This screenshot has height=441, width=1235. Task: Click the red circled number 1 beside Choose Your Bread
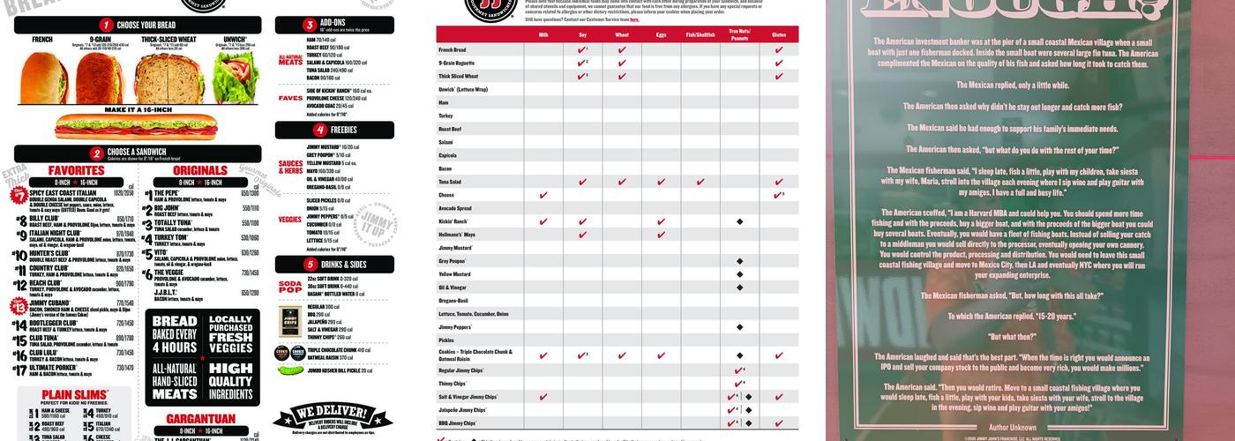[x=106, y=26]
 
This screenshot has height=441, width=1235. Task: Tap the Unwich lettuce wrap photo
[x=236, y=78]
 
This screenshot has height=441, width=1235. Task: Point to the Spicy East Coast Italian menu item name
[x=63, y=192]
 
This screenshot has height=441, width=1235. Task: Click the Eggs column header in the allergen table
[x=662, y=34]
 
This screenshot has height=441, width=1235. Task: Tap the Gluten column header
[x=779, y=34]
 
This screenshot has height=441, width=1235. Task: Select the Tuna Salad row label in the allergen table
[x=452, y=182]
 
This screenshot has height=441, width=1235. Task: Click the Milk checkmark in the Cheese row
[x=543, y=195]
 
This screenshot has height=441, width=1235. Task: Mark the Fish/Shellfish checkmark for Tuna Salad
[x=700, y=182]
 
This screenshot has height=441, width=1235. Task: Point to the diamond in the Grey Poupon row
[x=739, y=261]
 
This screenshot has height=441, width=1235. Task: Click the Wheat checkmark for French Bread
[x=622, y=50]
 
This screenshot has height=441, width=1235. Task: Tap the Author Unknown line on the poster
[x=1012, y=427]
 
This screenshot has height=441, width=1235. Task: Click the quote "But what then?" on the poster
[x=1012, y=337]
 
